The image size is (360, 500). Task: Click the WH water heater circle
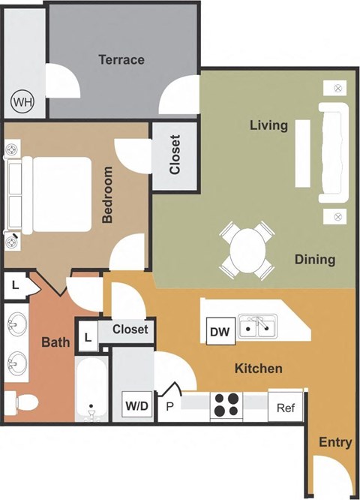coord(22,99)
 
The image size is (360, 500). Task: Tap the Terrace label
coord(121,59)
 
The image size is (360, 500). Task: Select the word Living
coord(268,125)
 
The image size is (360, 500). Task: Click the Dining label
coord(314,260)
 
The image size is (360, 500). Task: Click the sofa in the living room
coord(334,152)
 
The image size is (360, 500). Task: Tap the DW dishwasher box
coord(218,330)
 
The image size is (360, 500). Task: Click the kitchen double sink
coord(257,327)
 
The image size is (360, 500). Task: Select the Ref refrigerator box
coord(286,408)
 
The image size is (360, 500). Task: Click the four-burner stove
coord(226,405)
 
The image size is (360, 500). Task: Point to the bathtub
coord(91,390)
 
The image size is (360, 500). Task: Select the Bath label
coord(55,343)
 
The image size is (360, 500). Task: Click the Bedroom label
coord(107,195)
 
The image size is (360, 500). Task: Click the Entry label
coord(334,442)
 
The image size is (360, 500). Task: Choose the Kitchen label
coord(259,369)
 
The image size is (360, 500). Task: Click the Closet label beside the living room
coord(175,155)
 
